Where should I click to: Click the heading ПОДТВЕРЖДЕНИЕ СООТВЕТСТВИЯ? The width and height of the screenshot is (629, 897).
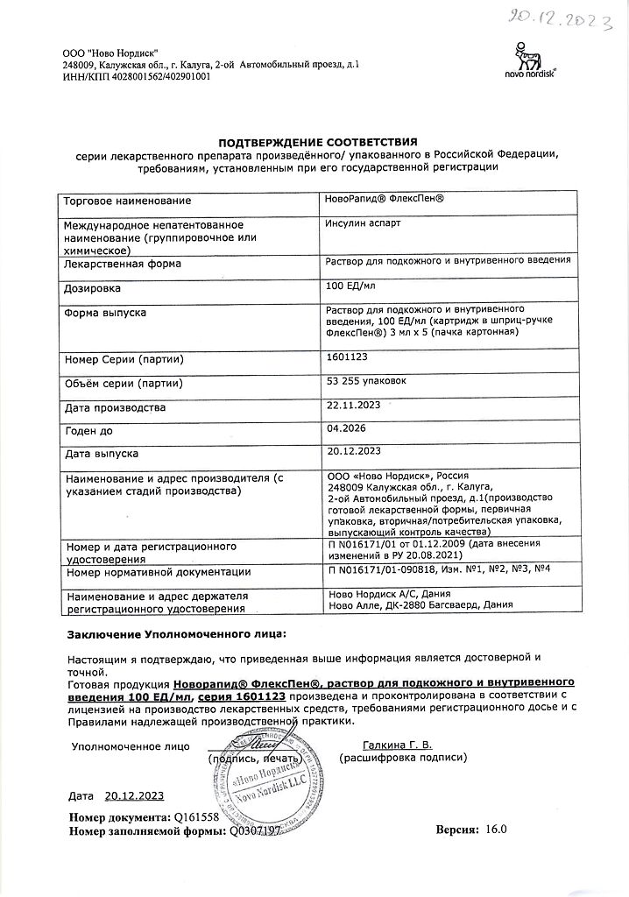click(318, 142)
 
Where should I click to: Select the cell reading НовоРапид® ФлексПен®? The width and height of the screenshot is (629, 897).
click(385, 200)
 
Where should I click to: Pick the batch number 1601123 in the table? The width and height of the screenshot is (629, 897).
click(347, 357)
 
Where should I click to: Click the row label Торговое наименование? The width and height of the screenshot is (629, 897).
click(127, 201)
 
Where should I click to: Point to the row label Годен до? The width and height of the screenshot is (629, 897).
click(89, 431)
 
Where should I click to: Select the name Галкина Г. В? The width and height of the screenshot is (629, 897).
click(397, 745)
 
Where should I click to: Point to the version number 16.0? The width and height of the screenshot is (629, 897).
click(496, 829)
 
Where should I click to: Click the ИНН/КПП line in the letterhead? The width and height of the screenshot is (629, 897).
click(137, 77)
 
